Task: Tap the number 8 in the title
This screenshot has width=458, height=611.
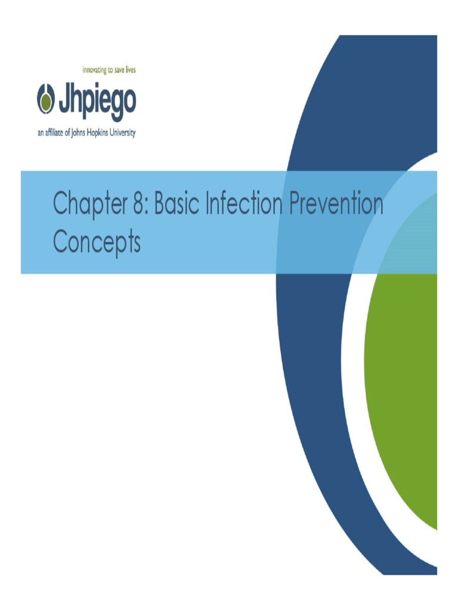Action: pos(140,204)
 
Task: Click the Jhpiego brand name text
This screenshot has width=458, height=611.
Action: pos(96,102)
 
